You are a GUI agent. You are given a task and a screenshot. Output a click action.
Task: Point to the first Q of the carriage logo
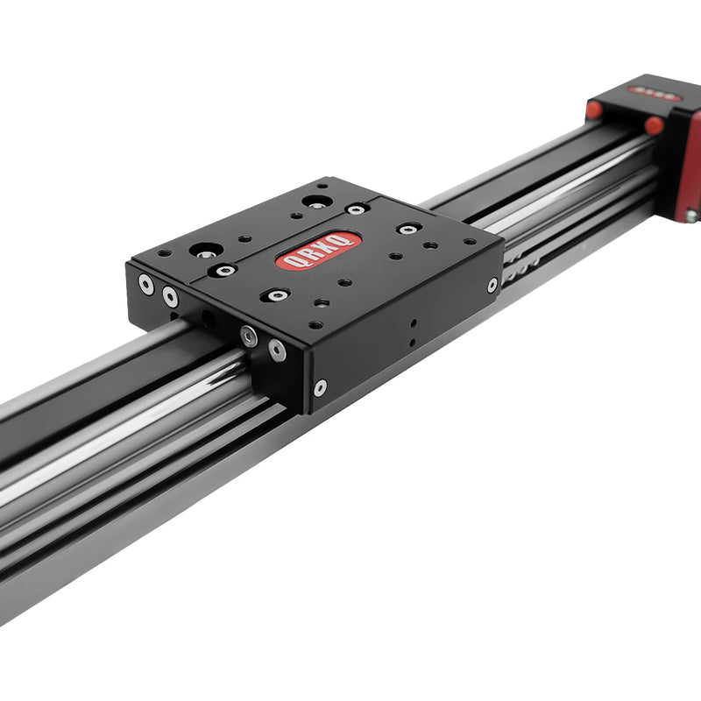click(x=293, y=261)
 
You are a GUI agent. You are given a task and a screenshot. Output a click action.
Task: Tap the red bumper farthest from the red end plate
click(x=595, y=110)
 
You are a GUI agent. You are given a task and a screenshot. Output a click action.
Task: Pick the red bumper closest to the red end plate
click(x=654, y=125)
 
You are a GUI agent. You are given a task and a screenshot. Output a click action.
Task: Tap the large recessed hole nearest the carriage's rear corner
click(x=317, y=202)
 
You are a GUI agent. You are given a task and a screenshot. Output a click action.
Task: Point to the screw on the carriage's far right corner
click(x=492, y=285)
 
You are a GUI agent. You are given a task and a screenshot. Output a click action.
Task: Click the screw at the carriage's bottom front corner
click(x=320, y=386)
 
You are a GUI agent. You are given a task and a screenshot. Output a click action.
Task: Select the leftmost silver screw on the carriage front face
click(x=145, y=283)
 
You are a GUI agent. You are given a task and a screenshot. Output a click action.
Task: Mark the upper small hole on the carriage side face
click(x=413, y=322)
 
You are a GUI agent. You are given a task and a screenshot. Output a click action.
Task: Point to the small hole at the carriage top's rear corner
click(x=323, y=186)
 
